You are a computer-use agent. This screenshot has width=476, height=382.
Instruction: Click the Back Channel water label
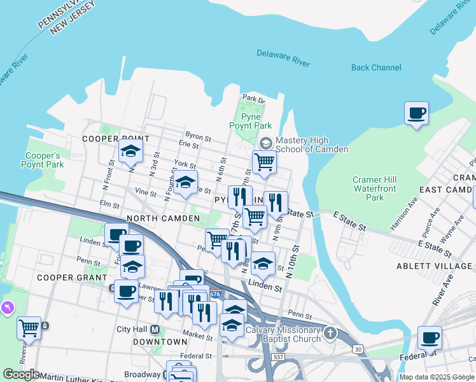[x=376, y=67]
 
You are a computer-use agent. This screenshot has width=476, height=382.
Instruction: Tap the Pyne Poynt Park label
[x=256, y=121]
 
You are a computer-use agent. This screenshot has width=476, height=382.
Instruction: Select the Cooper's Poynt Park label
[x=42, y=160]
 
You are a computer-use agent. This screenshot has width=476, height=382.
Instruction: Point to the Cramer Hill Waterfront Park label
[x=375, y=188]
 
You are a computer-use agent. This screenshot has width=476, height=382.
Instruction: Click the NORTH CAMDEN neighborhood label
[x=164, y=218]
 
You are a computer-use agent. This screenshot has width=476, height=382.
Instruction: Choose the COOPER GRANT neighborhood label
[x=71, y=278]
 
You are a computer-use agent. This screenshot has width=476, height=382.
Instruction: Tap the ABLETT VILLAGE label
[x=434, y=266]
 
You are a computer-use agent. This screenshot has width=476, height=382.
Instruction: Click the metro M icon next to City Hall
[x=156, y=330]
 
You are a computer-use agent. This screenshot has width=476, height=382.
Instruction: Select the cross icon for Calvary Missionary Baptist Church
[x=329, y=333]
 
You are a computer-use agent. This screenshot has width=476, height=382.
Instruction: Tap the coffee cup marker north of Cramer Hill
[x=416, y=114]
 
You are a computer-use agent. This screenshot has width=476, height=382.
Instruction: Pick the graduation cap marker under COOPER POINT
[x=130, y=152]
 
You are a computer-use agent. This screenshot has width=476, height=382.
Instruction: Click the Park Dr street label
[x=253, y=99]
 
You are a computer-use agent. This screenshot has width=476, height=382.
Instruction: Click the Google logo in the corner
[x=21, y=374]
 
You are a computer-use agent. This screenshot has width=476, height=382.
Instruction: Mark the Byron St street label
[x=198, y=136]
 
